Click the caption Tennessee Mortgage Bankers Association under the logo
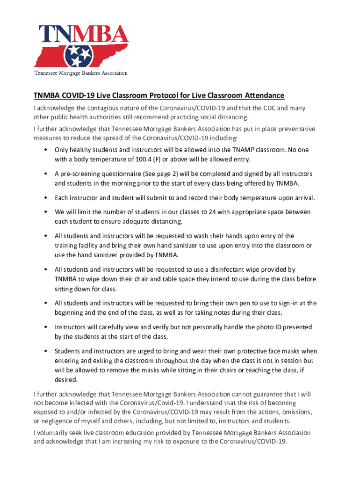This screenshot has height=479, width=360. point(80,73)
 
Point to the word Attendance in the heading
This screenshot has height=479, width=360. point(261,95)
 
